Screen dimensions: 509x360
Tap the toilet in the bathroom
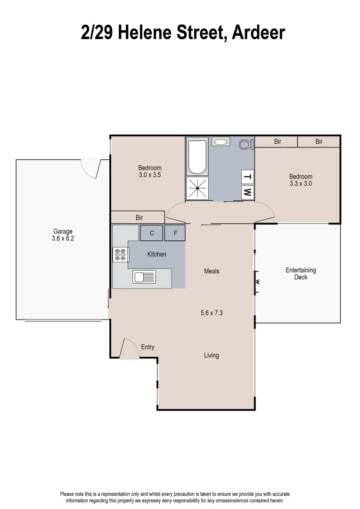click(x=246, y=144)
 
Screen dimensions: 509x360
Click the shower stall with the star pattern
click(x=197, y=188)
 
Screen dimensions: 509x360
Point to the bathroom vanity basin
click(x=221, y=141)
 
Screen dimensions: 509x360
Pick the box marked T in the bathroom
click(x=247, y=177)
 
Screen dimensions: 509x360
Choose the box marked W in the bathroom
click(x=247, y=192)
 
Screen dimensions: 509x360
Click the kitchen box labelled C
click(x=152, y=233)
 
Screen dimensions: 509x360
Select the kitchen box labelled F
click(x=175, y=233)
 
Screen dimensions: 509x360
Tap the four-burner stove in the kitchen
click(x=121, y=254)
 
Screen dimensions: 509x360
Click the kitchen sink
click(x=144, y=277)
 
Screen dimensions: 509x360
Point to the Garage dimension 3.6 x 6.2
click(x=63, y=238)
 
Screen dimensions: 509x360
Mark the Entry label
click(x=147, y=347)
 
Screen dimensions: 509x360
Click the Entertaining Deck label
click(x=301, y=274)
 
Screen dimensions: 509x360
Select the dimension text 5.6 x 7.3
click(x=212, y=312)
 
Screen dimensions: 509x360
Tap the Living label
click(x=212, y=355)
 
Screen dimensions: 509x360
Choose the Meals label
click(x=212, y=271)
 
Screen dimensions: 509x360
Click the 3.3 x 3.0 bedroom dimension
click(x=301, y=184)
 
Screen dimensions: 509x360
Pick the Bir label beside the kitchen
click(x=139, y=218)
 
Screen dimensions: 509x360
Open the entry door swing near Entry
click(x=128, y=349)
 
